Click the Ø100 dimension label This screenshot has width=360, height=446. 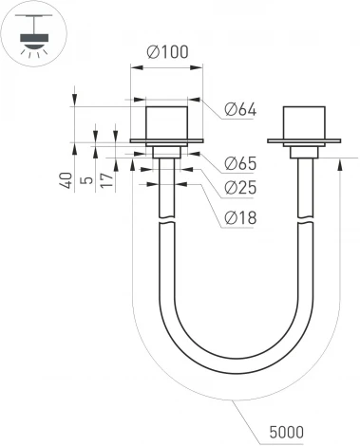point(168,51)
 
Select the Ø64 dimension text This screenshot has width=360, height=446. point(241,109)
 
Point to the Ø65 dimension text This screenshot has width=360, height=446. point(241,164)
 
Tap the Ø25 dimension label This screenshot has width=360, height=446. point(241,191)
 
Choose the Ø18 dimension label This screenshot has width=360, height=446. point(241,218)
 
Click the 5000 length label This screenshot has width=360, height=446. point(286,432)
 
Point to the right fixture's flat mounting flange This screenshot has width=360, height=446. point(305,141)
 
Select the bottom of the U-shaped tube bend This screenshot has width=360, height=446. point(237,368)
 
